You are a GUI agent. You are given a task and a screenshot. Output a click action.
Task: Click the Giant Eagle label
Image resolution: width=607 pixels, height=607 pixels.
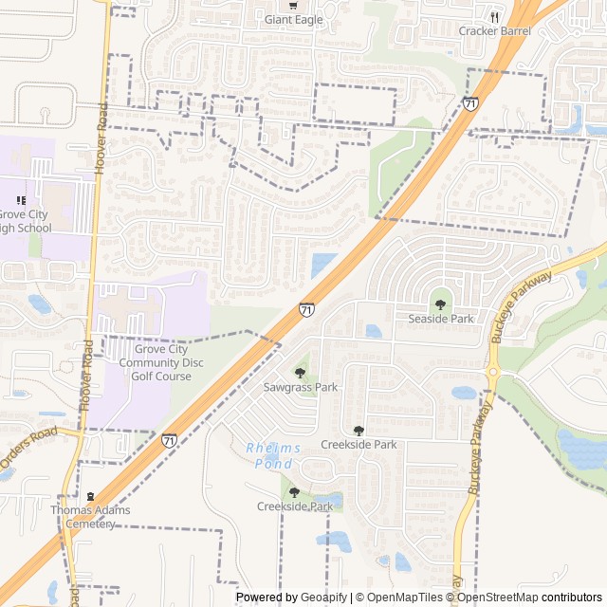point(293,20)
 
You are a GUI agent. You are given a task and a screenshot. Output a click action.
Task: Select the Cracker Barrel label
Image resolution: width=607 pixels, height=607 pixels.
point(494,30)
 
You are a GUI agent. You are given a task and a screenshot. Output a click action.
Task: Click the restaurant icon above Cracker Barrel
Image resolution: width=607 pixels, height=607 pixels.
point(494,16)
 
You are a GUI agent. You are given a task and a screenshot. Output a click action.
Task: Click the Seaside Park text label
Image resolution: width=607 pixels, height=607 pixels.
point(441,319)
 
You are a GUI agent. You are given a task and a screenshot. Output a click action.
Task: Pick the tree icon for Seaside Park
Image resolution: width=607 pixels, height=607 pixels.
point(440,304)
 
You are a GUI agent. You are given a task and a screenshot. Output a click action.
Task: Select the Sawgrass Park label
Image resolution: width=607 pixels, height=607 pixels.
point(301,387)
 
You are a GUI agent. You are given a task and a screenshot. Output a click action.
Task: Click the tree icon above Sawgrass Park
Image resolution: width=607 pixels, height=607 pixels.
point(301,373)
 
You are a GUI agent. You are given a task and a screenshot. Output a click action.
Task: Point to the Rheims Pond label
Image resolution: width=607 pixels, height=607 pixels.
point(273,455)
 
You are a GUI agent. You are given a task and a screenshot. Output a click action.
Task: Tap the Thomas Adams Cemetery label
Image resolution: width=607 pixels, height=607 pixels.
point(91,516)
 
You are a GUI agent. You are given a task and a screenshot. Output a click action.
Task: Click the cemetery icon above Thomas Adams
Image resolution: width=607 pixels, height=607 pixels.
point(91,497)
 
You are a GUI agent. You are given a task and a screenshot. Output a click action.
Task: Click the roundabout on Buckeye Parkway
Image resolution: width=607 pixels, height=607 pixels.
point(492,373)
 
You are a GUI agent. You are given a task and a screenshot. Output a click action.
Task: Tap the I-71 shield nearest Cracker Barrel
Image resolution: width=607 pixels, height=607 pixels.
point(470,102)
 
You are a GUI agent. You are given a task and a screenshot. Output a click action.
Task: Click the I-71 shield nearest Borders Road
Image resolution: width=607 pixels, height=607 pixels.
point(168,440)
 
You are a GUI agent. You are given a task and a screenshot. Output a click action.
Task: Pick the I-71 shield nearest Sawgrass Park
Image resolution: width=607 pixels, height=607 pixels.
point(306,309)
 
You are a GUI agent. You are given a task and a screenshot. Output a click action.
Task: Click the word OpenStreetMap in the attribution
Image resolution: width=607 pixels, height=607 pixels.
point(499,598)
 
